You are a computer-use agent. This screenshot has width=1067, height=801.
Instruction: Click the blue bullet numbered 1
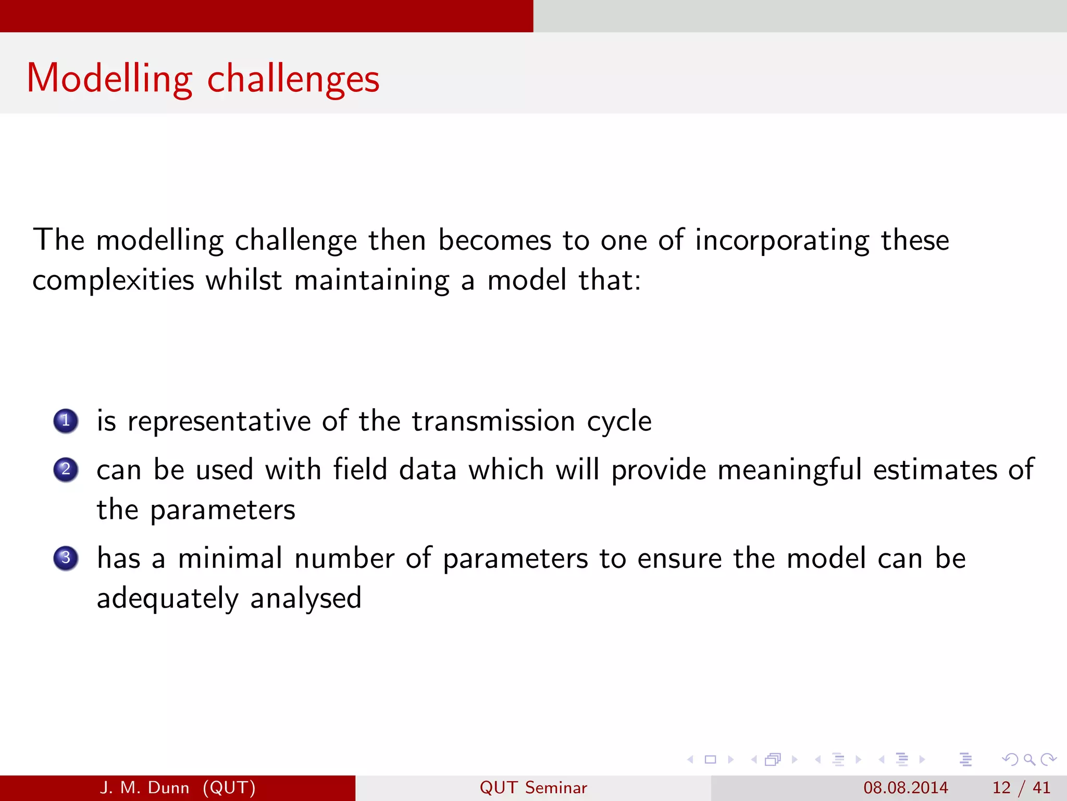pos(66,421)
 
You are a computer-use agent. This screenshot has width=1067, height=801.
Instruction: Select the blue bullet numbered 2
pos(66,469)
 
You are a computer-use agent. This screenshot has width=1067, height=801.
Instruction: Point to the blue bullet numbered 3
pos(66,558)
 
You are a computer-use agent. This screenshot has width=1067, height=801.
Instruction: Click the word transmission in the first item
pos(493,421)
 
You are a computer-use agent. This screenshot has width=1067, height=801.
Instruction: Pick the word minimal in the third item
pos(230,558)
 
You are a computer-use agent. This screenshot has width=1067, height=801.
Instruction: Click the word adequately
pos(167,599)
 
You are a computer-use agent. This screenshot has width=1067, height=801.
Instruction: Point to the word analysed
pos(305,599)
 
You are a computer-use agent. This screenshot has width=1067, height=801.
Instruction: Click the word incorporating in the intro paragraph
pos(781,241)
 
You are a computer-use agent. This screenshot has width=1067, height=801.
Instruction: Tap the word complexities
pos(114,281)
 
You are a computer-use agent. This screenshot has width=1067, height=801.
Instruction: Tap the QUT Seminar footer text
pos(533,787)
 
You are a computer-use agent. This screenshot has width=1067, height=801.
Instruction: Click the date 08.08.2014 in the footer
pos(905,787)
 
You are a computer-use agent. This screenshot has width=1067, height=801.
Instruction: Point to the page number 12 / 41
pos(1021,787)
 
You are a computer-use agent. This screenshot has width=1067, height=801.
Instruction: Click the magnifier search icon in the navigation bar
pos(1029,759)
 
